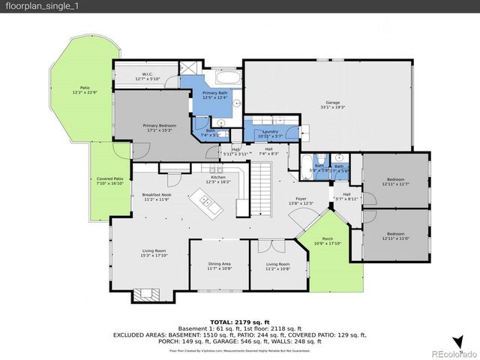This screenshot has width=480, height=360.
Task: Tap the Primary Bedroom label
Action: pyautogui.click(x=160, y=127)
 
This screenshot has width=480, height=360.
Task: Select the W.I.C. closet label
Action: pyautogui.click(x=148, y=75)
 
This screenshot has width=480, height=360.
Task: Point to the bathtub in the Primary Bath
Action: pyautogui.click(x=229, y=78)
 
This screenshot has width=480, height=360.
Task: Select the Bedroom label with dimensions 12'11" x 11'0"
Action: pyautogui.click(x=395, y=238)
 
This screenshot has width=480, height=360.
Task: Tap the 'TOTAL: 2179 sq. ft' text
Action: pyautogui.click(x=240, y=321)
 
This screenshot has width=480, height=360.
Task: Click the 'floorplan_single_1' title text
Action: pyautogui.click(x=35, y=7)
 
